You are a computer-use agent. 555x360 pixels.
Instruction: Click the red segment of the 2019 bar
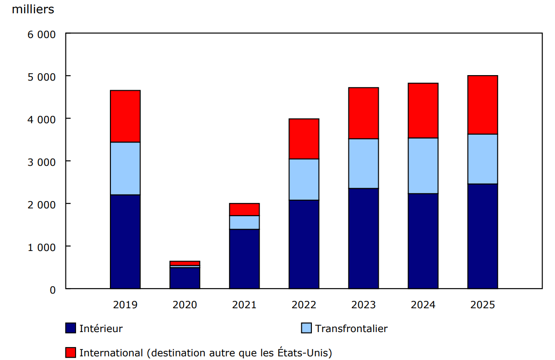click(x=125, y=116)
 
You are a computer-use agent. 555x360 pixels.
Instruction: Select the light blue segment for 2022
click(x=304, y=180)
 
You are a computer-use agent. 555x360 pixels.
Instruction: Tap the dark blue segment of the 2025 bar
click(x=482, y=236)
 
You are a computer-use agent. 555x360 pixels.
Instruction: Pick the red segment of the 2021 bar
click(x=244, y=209)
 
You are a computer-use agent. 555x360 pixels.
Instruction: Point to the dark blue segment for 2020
click(x=185, y=278)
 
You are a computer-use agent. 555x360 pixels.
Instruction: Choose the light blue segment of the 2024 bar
click(x=423, y=166)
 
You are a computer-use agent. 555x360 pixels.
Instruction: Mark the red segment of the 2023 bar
click(x=363, y=113)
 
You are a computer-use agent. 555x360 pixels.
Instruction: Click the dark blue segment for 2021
click(x=244, y=259)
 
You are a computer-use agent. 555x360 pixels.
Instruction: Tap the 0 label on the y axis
click(x=52, y=289)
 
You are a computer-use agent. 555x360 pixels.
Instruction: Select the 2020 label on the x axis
click(x=185, y=305)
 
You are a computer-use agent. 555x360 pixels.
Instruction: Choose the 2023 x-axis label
click(x=363, y=305)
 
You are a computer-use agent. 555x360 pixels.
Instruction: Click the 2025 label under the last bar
click(x=482, y=305)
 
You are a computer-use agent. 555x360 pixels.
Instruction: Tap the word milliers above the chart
click(x=33, y=10)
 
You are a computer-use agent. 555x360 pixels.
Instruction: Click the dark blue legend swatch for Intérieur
click(x=71, y=328)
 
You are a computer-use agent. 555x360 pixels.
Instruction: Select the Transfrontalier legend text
click(x=351, y=328)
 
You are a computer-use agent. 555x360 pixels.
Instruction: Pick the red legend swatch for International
click(x=71, y=353)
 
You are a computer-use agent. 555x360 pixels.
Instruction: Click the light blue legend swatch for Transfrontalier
click(x=306, y=328)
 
